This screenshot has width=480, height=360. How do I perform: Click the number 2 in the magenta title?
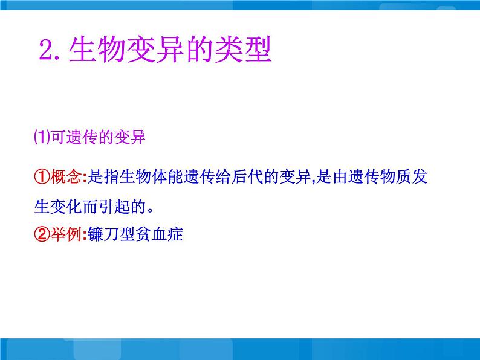tap(47, 50)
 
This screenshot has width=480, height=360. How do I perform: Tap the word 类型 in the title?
tap(243, 50)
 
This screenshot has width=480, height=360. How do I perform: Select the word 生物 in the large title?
tap(97, 50)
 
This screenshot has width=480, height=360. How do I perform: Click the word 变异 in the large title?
tap(155, 50)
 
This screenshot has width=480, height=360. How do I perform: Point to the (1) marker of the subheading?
tap(42, 137)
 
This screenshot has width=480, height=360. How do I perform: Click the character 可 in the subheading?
tap(58, 137)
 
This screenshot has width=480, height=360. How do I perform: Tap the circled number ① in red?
tap(42, 177)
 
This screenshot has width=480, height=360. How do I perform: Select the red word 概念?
tap(65, 177)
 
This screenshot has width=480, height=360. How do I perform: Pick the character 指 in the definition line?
tap(111, 177)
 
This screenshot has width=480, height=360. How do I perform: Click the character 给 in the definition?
tap(223, 177)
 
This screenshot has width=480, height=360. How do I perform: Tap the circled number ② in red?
tap(42, 234)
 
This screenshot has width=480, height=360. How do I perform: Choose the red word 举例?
tap(65, 234)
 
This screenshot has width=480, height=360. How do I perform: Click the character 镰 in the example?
tap(96, 234)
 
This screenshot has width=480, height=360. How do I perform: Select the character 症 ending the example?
tap(175, 234)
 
